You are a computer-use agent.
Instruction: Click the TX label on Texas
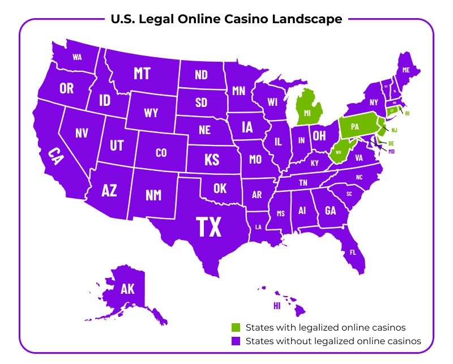coord(208,226)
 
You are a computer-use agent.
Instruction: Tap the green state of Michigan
coord(308,113)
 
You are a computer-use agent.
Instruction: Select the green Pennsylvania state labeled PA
coord(355,127)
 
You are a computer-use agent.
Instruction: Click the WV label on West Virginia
coord(339,152)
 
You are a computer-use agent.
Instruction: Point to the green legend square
coord(237,328)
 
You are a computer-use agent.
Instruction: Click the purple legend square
coord(237,341)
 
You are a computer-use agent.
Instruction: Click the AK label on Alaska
coord(127,289)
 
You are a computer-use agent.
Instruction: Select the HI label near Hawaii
coord(277,306)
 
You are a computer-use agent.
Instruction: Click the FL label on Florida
coord(353,252)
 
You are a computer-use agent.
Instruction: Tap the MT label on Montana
coord(142,74)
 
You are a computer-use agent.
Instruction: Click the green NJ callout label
coord(395,130)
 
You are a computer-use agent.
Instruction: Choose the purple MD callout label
coord(391,151)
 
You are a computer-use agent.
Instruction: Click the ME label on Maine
coord(405,70)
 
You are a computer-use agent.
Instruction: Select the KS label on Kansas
coord(211,159)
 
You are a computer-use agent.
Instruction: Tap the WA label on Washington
coord(78,57)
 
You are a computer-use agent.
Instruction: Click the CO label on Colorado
coord(161,152)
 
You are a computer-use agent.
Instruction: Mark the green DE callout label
coord(391,143)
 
